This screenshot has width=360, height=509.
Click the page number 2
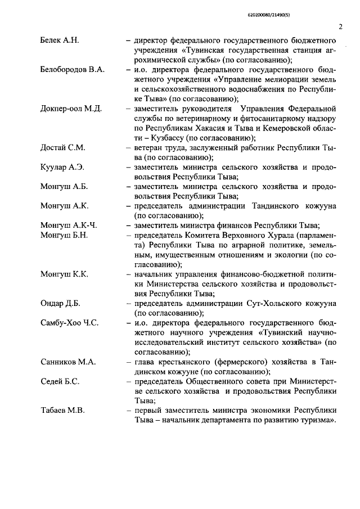tap(340, 26)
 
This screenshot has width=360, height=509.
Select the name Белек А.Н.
tap(60, 41)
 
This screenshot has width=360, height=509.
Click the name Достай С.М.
tap(63, 147)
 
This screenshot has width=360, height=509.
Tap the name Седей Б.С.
tap(60, 381)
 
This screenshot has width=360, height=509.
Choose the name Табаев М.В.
tap(62, 411)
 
